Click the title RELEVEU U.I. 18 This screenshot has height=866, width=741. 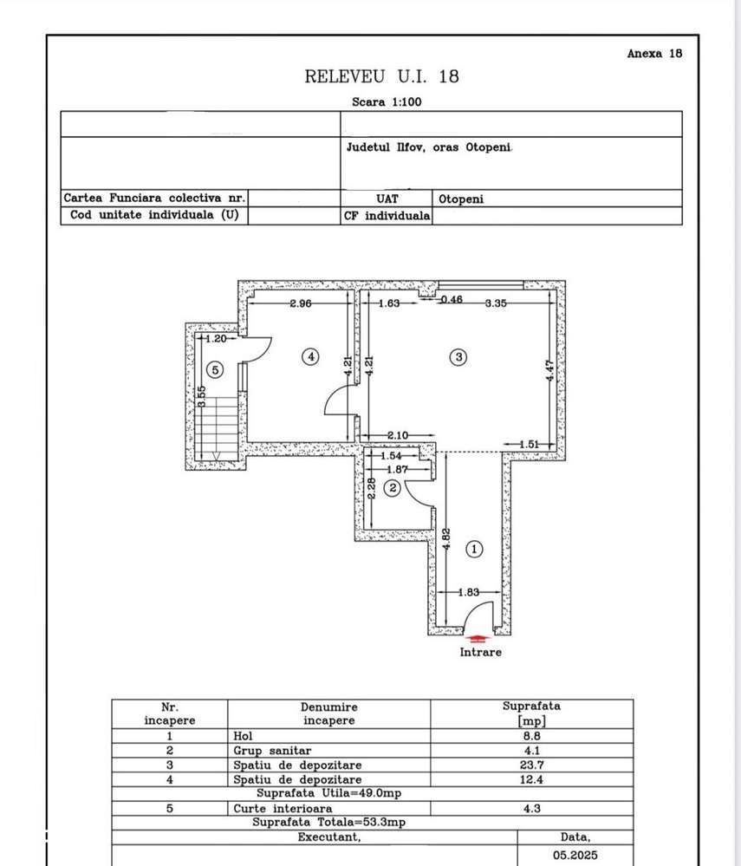tap(381, 76)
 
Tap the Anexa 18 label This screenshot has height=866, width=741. tap(654, 53)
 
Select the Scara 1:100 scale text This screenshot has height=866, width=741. tap(387, 101)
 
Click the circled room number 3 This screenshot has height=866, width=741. tap(459, 355)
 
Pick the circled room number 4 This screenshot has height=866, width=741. tap(310, 355)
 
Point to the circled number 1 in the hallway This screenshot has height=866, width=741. tap(474, 549)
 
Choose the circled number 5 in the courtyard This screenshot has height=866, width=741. tap(217, 369)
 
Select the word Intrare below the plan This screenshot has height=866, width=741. tap(480, 652)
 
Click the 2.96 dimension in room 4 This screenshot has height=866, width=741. tap(301, 303)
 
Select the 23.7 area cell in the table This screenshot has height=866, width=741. tap(531, 765)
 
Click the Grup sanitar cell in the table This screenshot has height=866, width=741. tap(272, 750)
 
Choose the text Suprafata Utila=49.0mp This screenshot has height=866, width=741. tap(328, 793)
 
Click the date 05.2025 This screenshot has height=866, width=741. tap(575, 854)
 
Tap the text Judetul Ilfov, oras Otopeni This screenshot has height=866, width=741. tap(430, 147)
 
